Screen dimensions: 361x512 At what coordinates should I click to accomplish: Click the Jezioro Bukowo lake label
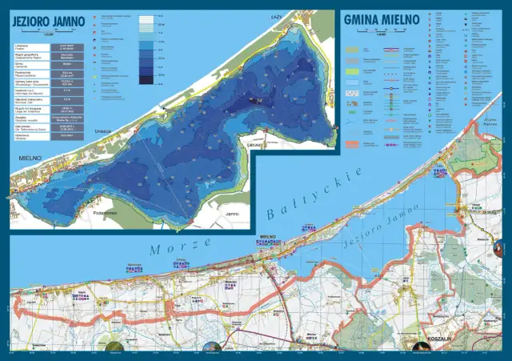click(x=479, y=145)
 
